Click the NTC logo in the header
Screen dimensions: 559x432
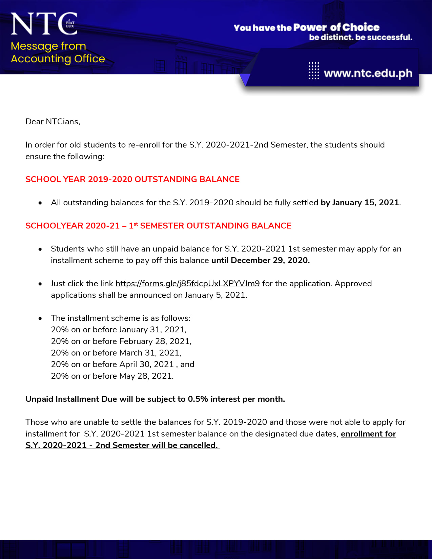44,24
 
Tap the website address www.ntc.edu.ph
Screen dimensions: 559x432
368,73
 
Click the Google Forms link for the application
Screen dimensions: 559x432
187,284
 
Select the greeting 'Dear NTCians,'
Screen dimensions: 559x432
53,122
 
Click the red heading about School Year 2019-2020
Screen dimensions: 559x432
132,179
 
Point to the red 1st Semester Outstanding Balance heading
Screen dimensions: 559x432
158,226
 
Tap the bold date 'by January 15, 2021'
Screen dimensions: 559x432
360,203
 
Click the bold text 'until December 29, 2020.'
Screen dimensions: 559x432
261,261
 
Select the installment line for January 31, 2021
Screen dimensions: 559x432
119,330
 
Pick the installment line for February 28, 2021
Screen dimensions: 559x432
121,341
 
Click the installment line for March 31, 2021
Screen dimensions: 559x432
116,353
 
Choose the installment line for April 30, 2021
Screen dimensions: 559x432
122,364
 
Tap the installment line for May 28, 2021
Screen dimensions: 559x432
112,376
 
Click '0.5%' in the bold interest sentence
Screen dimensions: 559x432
198,399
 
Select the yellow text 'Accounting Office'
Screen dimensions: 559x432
58,59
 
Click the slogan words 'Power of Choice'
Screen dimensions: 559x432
336,27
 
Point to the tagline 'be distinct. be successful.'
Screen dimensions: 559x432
361,37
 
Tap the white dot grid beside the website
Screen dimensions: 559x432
314,70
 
